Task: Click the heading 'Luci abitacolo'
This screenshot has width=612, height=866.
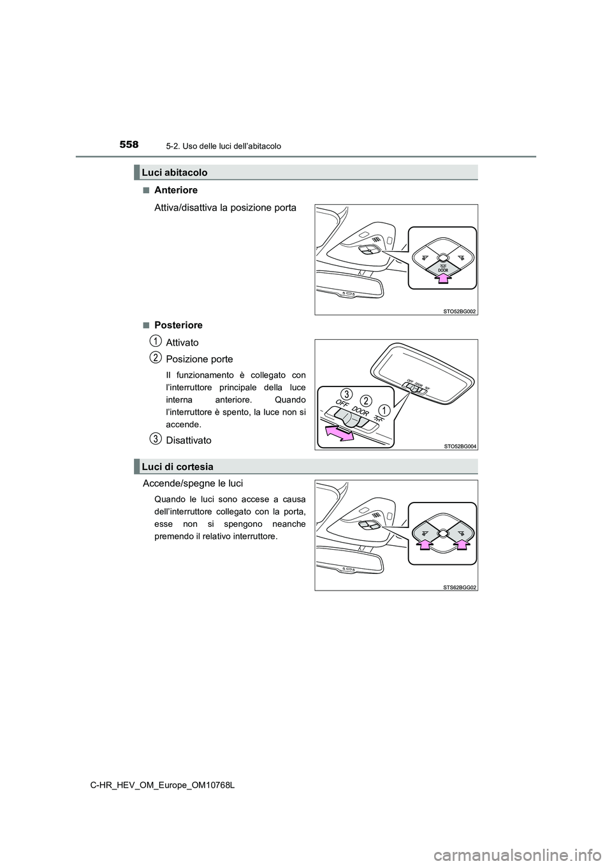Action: coord(175,172)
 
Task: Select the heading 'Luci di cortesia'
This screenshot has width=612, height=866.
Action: coord(177,467)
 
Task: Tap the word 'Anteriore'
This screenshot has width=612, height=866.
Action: coord(176,190)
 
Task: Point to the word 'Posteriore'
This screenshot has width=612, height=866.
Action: coord(178,325)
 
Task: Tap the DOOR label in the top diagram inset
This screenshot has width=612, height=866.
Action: coord(443,270)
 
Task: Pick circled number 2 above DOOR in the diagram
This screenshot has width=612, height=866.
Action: coord(365,400)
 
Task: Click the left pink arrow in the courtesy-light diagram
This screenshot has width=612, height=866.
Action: coord(424,542)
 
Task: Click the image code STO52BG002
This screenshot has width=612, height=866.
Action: coord(459,311)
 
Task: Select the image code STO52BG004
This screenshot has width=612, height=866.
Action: coord(459,446)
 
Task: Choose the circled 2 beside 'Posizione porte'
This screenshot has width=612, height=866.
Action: coord(156,358)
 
